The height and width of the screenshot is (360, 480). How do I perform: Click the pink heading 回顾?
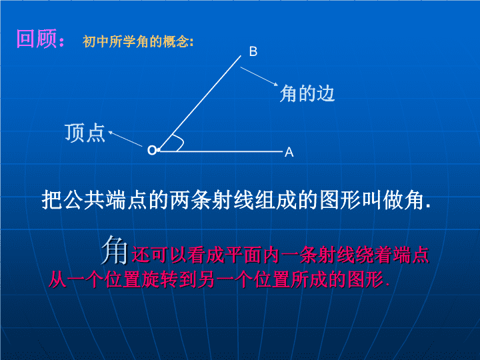37,39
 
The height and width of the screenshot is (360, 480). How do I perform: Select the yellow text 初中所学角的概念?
136,41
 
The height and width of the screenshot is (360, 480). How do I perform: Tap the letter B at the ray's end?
253,51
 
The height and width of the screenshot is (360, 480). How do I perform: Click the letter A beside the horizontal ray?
289,152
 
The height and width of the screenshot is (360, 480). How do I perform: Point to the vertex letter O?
152,150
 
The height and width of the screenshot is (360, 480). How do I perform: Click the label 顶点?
85,133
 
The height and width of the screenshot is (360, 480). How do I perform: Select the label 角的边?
307,93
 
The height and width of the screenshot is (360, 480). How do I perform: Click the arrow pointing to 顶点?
125,139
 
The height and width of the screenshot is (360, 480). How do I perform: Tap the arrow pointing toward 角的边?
259,77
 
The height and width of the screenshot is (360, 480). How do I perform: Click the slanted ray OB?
200,103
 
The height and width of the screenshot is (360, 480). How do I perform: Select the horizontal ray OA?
221,151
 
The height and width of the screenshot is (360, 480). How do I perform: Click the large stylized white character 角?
115,250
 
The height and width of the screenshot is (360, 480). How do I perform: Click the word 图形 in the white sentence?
340,201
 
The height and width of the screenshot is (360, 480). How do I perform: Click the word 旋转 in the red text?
159,279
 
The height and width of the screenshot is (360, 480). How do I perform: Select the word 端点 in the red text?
411,255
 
